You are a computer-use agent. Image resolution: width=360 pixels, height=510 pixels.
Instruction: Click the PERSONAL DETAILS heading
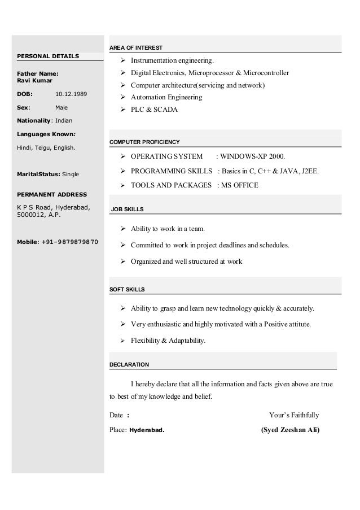click(x=48, y=56)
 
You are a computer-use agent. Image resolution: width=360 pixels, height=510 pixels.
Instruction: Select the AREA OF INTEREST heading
click(x=135, y=47)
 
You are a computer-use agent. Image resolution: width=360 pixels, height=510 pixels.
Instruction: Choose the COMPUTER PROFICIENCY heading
click(x=144, y=141)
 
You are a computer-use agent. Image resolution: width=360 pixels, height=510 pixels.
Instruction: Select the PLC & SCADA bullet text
click(x=154, y=110)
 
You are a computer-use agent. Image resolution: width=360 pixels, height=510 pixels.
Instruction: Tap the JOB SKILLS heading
click(x=127, y=210)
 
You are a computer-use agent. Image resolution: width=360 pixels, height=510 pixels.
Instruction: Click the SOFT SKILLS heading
click(x=127, y=289)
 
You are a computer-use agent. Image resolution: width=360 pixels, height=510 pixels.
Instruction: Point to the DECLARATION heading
click(x=129, y=364)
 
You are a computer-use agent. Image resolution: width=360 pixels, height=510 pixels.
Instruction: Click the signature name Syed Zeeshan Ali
click(x=289, y=429)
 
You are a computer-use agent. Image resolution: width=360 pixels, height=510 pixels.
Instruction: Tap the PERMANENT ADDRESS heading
click(x=52, y=194)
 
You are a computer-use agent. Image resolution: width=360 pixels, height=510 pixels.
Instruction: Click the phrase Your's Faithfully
click(x=294, y=415)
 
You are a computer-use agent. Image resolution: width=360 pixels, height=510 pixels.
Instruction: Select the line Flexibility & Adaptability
click(x=168, y=341)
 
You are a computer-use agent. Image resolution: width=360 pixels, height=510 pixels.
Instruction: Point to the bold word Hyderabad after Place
click(x=147, y=429)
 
